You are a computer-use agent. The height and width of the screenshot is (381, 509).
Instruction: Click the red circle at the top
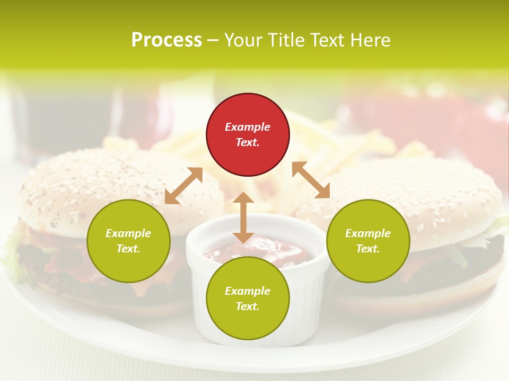(248, 135)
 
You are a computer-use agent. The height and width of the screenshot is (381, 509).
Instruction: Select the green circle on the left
(128, 241)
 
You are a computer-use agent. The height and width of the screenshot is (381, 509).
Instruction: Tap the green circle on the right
(368, 241)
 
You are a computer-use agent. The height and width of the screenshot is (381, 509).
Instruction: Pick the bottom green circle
(248, 298)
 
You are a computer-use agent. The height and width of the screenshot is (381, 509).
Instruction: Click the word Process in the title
(166, 40)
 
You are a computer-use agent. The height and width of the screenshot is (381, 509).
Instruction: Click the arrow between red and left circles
(183, 186)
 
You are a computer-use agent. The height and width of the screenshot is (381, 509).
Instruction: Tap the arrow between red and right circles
(311, 180)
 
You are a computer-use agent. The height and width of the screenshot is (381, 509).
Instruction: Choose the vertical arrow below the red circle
(243, 217)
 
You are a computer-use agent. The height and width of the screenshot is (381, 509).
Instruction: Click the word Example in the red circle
(248, 127)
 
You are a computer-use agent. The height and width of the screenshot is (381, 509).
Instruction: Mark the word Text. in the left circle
(128, 249)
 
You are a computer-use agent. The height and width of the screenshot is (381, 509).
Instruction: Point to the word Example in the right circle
(368, 233)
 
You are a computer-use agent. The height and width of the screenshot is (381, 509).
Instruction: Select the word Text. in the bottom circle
(248, 306)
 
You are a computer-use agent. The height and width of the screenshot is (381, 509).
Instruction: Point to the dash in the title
(213, 40)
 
